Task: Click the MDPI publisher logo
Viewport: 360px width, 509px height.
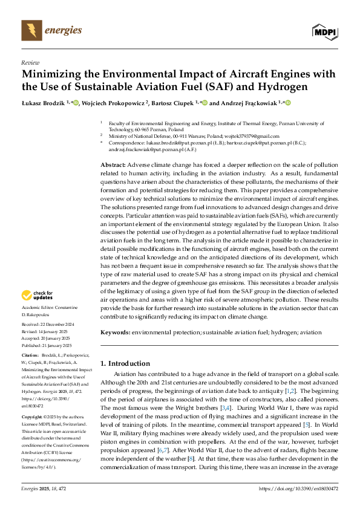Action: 325,31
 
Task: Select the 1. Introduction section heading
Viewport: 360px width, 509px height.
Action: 125,363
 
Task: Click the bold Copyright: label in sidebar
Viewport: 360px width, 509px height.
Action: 33,417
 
